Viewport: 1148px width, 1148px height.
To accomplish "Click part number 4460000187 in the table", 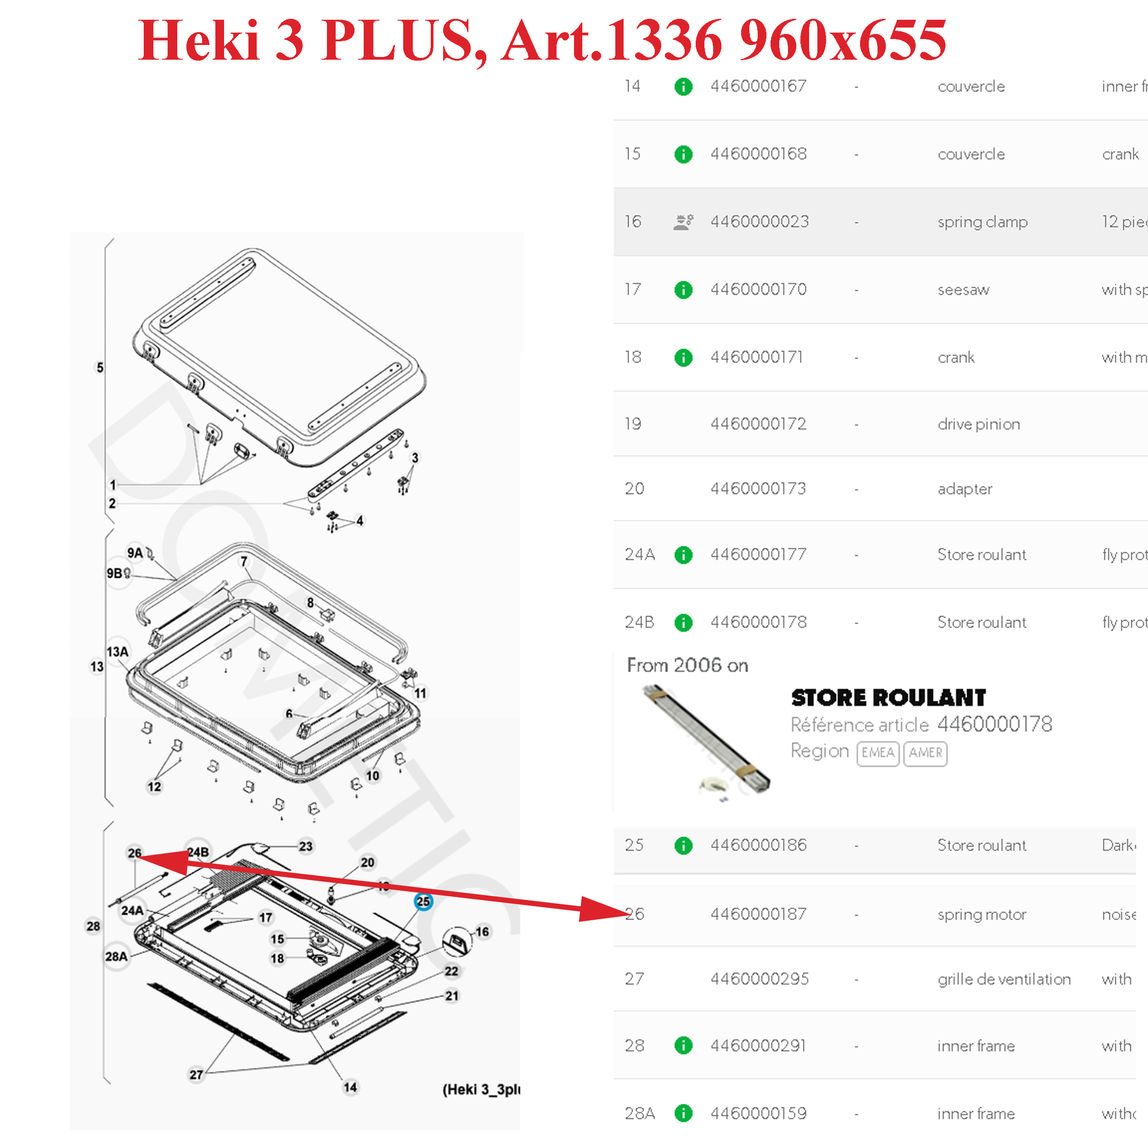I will [x=758, y=914].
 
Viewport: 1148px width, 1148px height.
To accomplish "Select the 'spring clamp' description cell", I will [x=982, y=222].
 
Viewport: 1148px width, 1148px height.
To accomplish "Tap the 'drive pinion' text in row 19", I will [x=979, y=424].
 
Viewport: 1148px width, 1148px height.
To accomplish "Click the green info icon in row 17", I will [x=683, y=290].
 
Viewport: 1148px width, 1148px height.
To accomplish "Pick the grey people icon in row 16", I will [x=683, y=222].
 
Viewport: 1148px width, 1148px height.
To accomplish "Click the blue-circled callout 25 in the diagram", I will [x=423, y=901].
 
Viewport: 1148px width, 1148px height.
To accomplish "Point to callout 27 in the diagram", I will [x=196, y=1075].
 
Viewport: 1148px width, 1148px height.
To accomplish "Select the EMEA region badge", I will [x=878, y=753].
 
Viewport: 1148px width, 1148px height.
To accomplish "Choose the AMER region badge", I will [x=925, y=753].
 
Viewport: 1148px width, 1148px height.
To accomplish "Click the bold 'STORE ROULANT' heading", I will [x=889, y=698].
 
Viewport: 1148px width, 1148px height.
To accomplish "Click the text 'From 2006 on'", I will [x=687, y=665].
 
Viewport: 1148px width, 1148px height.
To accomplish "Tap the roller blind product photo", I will [x=707, y=740].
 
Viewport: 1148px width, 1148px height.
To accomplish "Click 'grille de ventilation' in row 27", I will [x=1004, y=979].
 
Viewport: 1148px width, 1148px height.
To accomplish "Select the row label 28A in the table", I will [x=639, y=1114].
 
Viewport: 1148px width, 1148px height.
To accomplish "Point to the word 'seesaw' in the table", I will [x=963, y=290].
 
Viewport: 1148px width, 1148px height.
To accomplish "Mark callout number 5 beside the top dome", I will [x=100, y=368].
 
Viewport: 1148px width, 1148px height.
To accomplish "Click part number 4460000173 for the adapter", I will [x=758, y=489].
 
